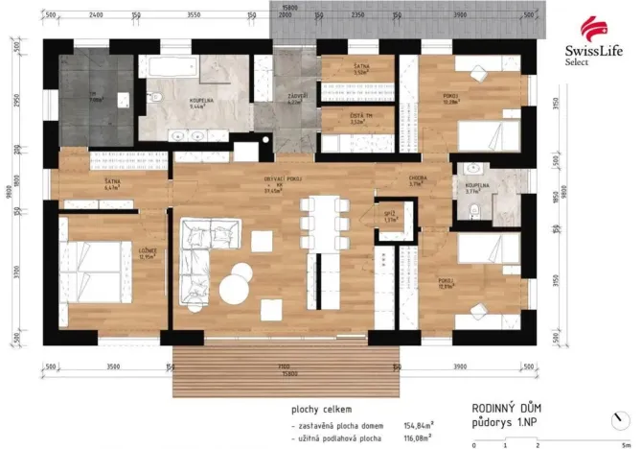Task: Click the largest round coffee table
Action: (x=236, y=288)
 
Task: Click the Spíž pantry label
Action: (x=390, y=217)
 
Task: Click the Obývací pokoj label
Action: (x=284, y=184)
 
